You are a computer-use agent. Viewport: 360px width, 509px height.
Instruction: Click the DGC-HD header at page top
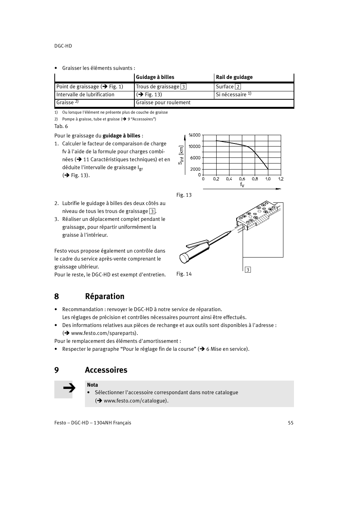click(x=63, y=46)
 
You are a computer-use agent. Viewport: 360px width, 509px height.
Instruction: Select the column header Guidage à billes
click(x=155, y=77)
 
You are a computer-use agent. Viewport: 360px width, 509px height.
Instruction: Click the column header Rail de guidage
click(x=234, y=77)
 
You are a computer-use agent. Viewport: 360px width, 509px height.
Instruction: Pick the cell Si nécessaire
click(x=231, y=95)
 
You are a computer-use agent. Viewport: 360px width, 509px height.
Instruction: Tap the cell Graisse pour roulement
click(x=163, y=103)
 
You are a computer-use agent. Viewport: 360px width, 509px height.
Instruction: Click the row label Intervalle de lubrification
click(x=85, y=95)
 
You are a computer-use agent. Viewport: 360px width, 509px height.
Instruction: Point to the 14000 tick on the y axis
click(x=194, y=135)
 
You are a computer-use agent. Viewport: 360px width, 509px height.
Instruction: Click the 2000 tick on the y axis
click(x=195, y=169)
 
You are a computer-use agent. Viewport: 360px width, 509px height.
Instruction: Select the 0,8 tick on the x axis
click(x=255, y=179)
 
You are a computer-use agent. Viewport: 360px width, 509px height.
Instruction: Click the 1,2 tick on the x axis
click(x=281, y=179)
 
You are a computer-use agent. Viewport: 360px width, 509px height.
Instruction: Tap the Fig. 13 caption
click(x=184, y=195)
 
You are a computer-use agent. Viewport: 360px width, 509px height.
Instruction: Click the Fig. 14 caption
click(x=184, y=274)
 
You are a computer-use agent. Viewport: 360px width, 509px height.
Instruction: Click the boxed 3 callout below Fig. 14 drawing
click(x=248, y=270)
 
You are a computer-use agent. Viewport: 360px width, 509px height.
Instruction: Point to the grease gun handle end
click(x=184, y=258)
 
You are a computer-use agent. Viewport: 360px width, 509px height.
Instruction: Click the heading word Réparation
click(x=105, y=296)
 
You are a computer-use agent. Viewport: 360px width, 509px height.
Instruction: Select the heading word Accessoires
click(x=106, y=370)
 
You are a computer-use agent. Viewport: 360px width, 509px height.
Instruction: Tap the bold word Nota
click(x=92, y=385)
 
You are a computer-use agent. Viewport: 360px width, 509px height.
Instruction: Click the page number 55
click(x=291, y=423)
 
